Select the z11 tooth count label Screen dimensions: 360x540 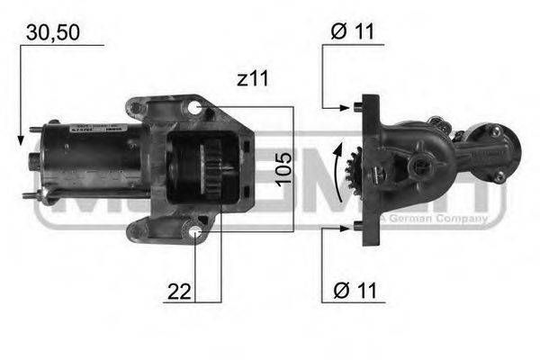(x=253, y=78)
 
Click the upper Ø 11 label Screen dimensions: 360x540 (x=352, y=32)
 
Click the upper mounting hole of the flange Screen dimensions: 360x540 (x=195, y=109)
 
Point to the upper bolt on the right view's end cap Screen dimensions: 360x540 (x=493, y=131)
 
